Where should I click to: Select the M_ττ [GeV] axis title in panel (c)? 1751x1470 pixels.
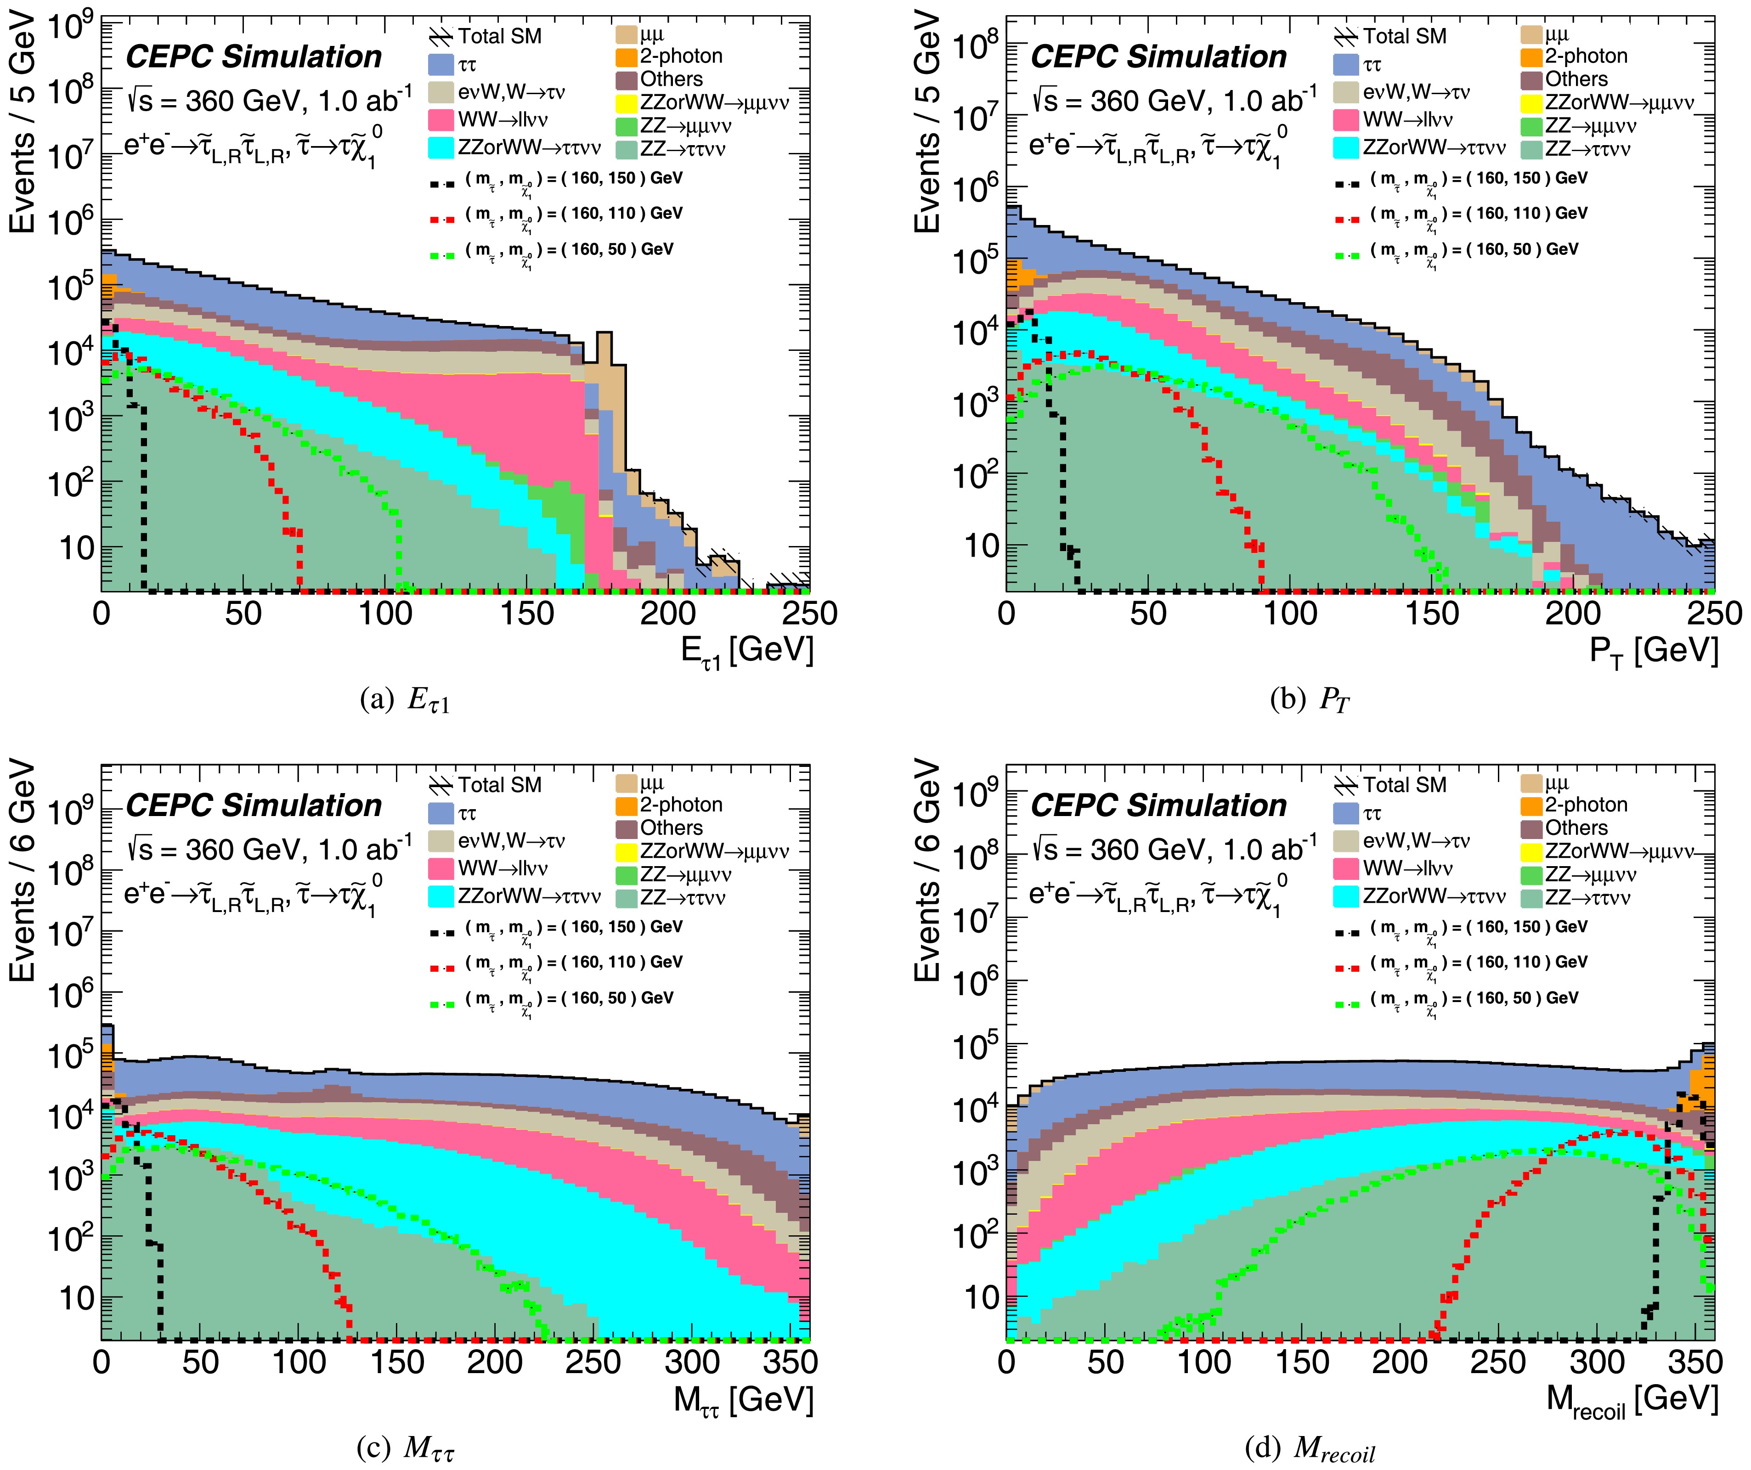click(x=743, y=1399)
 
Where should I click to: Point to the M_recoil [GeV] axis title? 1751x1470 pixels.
click(x=1632, y=1399)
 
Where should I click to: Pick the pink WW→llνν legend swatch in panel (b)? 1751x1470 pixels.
click(x=1346, y=119)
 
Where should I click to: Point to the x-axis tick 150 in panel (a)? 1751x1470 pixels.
click(x=527, y=613)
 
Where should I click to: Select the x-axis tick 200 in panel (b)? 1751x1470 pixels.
click(x=1573, y=613)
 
